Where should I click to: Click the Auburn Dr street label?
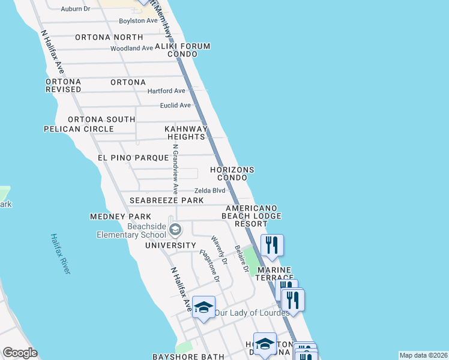click(75, 9)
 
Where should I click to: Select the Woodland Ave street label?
click(132, 48)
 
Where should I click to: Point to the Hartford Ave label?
click(167, 91)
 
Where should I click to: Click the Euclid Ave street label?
click(175, 106)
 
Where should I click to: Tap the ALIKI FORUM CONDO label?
click(176, 50)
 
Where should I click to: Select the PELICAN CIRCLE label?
click(79, 129)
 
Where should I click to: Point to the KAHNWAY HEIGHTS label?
click(186, 133)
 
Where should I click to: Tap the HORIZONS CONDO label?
click(232, 174)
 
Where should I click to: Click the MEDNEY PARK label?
click(120, 216)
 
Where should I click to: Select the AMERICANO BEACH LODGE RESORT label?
click(252, 216)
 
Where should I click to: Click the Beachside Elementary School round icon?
click(175, 230)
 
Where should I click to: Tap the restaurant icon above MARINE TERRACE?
click(272, 245)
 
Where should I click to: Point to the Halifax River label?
click(60, 254)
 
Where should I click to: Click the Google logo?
click(20, 353)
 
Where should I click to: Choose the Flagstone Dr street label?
click(209, 266)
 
